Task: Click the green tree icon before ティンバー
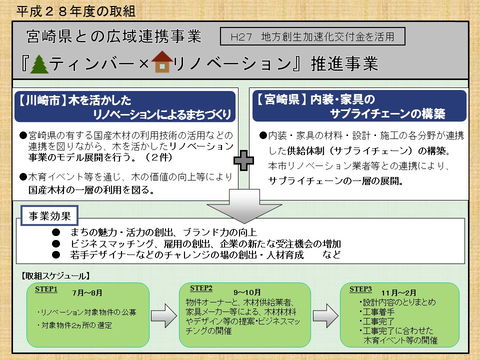click(x=39, y=64)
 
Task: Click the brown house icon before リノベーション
click(x=162, y=61)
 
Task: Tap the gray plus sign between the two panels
click(x=243, y=160)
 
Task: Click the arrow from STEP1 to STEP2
click(x=164, y=315)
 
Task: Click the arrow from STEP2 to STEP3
click(x=325, y=315)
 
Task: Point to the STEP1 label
click(x=46, y=289)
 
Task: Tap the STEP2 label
click(x=201, y=288)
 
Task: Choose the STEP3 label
click(x=360, y=289)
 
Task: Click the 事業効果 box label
click(x=49, y=216)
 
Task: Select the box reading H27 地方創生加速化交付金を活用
click(x=312, y=36)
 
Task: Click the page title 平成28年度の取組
click(x=76, y=11)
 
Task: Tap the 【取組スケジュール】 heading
click(x=55, y=276)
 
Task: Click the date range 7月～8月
click(x=87, y=293)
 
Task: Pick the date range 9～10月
click(x=247, y=292)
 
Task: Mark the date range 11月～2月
click(x=398, y=293)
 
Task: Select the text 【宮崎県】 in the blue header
click(x=281, y=99)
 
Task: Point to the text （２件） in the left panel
click(x=159, y=157)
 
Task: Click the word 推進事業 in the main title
click(x=344, y=63)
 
